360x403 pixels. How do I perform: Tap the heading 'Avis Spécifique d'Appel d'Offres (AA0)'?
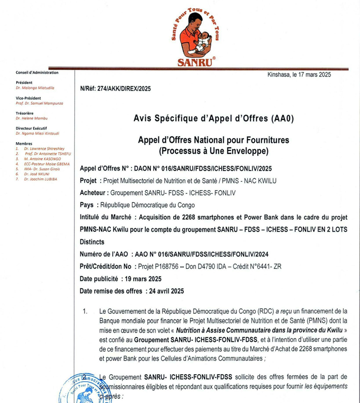[214, 119]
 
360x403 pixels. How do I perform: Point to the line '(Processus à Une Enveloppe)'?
[213, 151]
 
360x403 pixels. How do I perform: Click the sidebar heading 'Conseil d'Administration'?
[37, 72]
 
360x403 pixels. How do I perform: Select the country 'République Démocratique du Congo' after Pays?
[147, 206]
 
